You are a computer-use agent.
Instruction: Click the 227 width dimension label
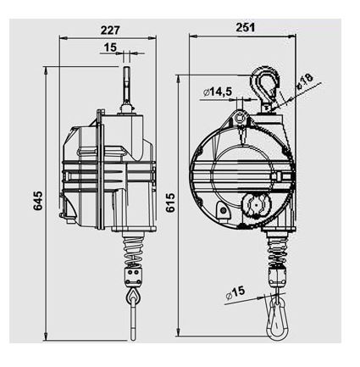[x=110, y=30]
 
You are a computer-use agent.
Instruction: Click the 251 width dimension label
[x=246, y=27]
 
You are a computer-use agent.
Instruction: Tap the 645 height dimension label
[x=38, y=201]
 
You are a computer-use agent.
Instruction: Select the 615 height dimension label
[x=170, y=203]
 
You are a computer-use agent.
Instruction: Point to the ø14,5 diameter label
[x=218, y=92]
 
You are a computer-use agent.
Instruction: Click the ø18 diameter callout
[x=305, y=81]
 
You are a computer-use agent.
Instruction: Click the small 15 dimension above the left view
[x=110, y=47]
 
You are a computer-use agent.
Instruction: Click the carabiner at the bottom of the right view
[x=278, y=318]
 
